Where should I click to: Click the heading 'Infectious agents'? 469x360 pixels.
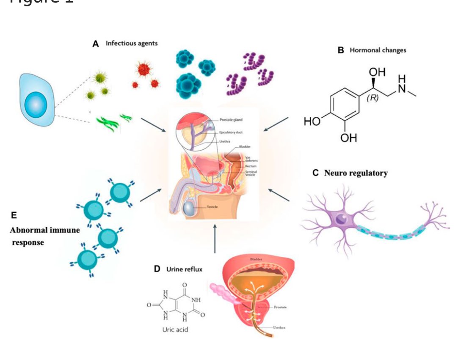[131, 43]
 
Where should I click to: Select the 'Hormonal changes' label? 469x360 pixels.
[378, 50]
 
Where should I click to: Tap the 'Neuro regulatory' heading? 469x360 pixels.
[356, 173]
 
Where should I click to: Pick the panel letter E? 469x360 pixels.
[14, 215]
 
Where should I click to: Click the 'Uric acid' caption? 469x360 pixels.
[175, 330]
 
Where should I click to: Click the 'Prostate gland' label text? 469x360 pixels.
[231, 120]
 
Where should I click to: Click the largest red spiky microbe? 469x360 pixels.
[143, 68]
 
